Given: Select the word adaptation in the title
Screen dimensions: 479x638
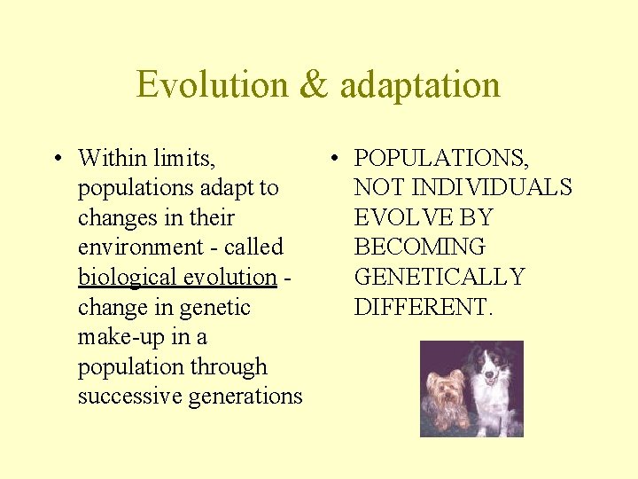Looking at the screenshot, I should click(x=420, y=85).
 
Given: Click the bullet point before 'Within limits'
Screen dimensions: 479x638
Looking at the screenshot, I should click(x=56, y=160).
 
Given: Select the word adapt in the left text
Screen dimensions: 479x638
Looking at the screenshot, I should click(x=225, y=188).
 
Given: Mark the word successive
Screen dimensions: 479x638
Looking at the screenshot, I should click(x=130, y=397).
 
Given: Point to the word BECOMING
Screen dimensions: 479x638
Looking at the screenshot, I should click(x=419, y=247).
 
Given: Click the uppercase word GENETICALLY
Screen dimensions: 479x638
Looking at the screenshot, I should click(x=440, y=278).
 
